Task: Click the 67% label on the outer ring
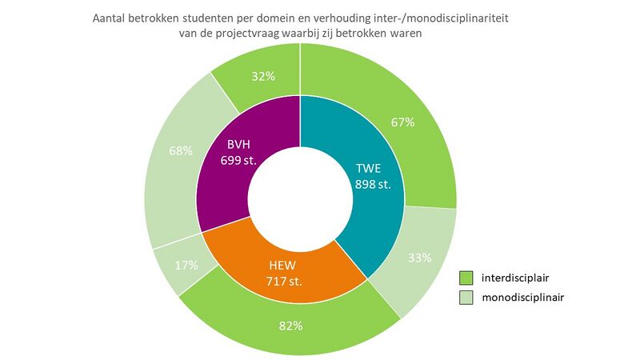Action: click(x=402, y=122)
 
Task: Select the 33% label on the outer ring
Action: click(x=420, y=258)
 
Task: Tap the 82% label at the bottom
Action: click(x=290, y=326)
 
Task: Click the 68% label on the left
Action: click(x=181, y=150)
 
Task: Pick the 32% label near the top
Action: click(x=264, y=77)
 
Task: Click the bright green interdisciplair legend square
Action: click(x=466, y=278)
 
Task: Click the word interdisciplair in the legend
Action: click(x=518, y=278)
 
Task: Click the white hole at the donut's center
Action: click(x=300, y=200)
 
